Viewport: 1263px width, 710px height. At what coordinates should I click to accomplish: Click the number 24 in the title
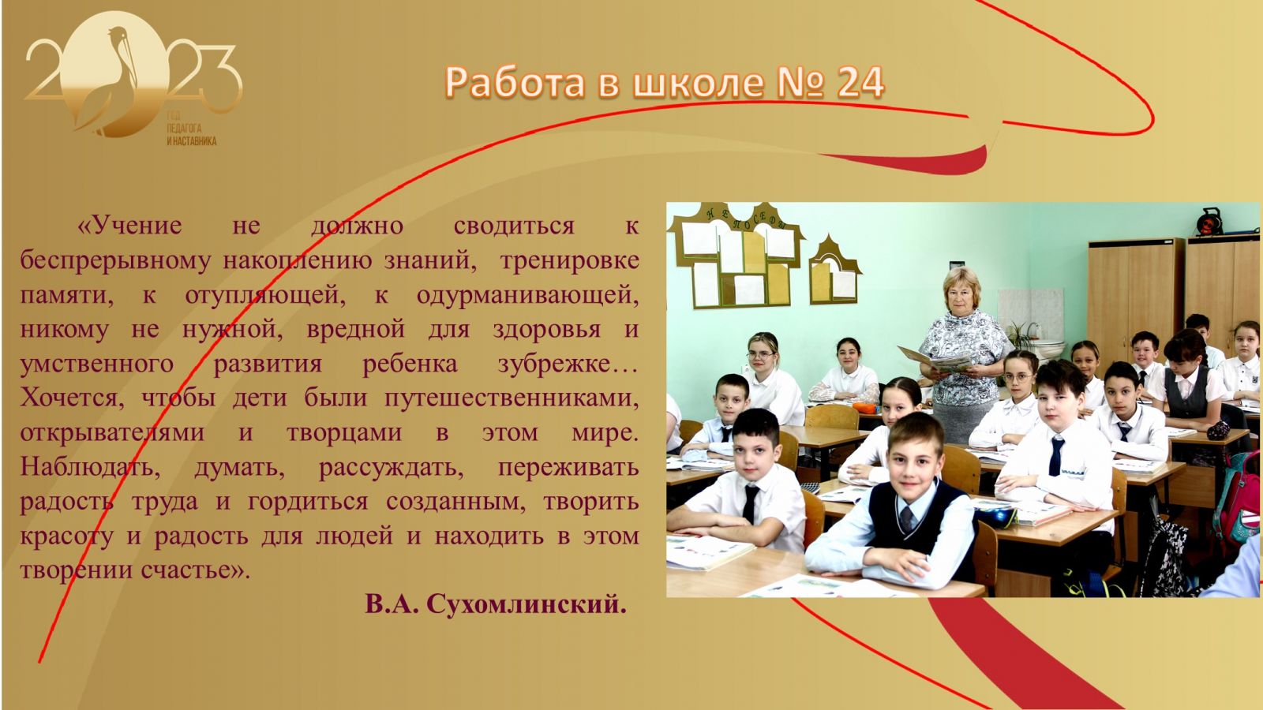click(860, 83)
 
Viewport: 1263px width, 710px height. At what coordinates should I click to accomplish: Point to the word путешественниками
click(512, 399)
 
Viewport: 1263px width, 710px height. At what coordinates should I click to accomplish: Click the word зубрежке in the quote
click(568, 364)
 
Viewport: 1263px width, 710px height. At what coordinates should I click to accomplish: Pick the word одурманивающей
click(527, 295)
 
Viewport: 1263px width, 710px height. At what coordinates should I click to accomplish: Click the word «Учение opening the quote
click(129, 226)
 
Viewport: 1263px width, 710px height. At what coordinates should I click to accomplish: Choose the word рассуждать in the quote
click(392, 469)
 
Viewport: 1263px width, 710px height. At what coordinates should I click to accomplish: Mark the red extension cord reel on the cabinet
click(1209, 222)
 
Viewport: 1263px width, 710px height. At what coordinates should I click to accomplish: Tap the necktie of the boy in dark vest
click(907, 518)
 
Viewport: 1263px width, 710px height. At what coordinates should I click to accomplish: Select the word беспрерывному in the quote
click(115, 261)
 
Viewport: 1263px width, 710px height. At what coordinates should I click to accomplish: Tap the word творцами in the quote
click(344, 433)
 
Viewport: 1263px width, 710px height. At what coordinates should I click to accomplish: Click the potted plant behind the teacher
click(1021, 334)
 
